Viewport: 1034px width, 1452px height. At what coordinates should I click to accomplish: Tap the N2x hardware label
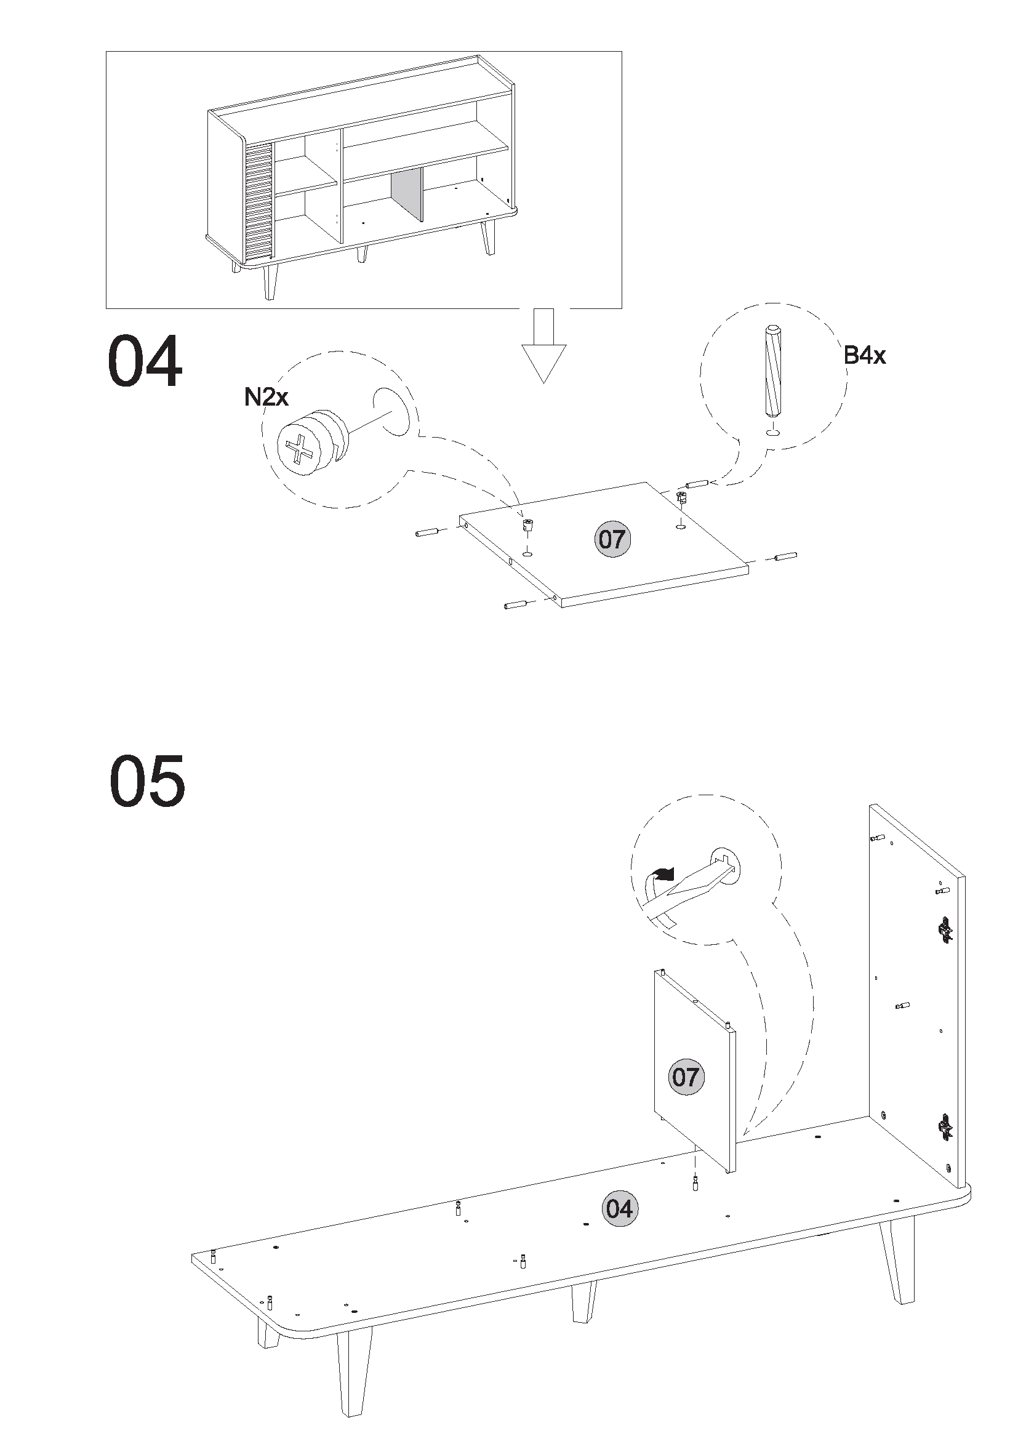point(266,397)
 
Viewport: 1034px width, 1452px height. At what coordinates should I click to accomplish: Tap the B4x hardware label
point(864,355)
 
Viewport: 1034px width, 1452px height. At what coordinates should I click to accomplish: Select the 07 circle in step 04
point(612,539)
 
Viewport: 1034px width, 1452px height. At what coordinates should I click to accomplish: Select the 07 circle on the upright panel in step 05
point(686,1077)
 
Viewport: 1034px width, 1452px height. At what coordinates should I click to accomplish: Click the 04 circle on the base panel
point(620,1208)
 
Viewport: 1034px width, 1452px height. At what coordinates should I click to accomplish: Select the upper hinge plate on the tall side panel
point(945,930)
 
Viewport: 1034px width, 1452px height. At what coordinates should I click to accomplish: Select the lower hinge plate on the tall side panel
point(945,1128)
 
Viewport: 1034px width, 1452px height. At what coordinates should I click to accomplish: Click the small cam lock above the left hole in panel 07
point(527,524)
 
